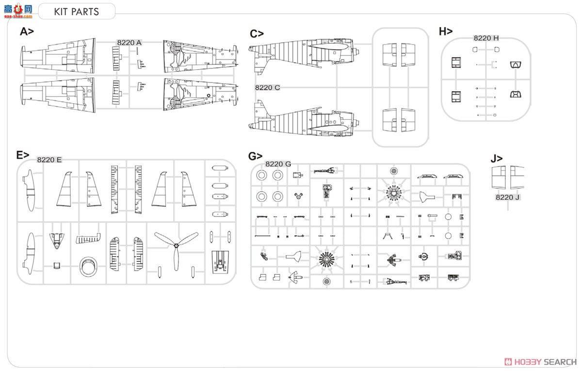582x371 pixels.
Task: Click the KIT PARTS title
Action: [77, 12]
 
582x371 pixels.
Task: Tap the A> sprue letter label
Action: [27, 32]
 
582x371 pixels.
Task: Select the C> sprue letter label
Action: [257, 34]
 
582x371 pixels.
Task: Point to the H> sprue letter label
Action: [446, 32]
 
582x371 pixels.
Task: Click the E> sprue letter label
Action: [23, 155]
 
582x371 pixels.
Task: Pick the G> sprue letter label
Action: [255, 156]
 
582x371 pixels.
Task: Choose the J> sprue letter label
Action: [497, 159]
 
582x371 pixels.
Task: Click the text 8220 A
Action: [129, 43]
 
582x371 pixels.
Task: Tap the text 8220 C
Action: [267, 87]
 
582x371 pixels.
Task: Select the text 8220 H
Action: [486, 38]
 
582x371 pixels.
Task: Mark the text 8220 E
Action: [49, 160]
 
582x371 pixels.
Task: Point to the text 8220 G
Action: [278, 164]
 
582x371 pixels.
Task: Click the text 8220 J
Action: [508, 197]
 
